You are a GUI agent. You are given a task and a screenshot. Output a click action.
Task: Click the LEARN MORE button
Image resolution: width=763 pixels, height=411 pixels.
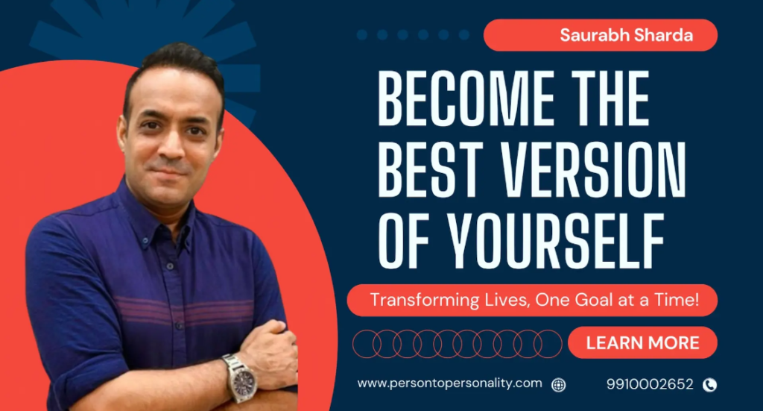pos(642,343)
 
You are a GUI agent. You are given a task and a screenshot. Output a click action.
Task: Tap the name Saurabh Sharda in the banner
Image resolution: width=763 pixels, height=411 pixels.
pos(626,35)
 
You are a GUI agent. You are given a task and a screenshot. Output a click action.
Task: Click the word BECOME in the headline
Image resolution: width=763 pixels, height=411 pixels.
pos(466,98)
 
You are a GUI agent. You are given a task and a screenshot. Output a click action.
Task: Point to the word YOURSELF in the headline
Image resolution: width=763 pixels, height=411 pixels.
pos(556,241)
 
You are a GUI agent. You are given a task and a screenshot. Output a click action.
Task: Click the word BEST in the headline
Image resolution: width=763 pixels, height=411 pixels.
pos(431,170)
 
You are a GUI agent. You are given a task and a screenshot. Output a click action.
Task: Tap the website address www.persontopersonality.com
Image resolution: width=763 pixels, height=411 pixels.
pos(449,383)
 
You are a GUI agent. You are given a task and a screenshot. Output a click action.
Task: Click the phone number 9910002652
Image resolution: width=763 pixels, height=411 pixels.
pos(650,384)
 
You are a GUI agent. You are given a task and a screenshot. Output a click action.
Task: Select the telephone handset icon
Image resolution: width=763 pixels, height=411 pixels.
pos(710,385)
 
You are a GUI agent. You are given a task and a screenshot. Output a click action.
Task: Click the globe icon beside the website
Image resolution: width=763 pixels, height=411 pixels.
pos(559,385)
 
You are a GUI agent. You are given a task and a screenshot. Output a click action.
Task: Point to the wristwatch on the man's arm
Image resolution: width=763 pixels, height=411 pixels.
pos(241,378)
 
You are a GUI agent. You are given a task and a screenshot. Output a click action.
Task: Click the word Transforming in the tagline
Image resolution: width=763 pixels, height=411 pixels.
pos(425,300)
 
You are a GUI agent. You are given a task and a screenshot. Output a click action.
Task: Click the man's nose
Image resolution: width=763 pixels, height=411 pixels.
pos(172,148)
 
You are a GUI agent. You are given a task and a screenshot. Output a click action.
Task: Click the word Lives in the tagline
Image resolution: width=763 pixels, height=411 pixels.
pos(507,300)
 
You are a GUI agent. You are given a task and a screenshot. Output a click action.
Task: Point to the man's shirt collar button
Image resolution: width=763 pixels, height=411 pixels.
pos(145,240)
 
